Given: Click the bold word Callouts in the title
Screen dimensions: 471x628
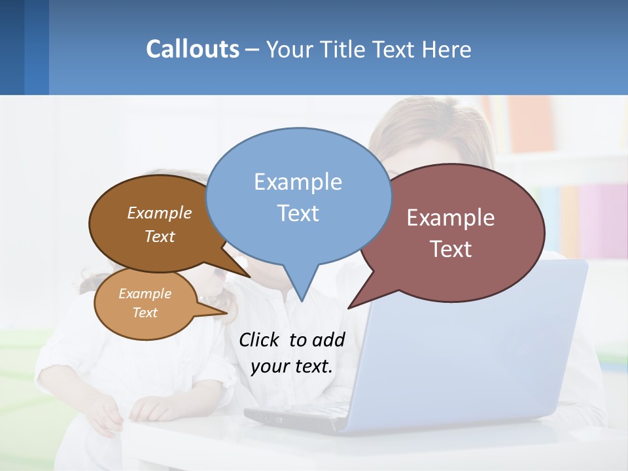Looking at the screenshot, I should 192,49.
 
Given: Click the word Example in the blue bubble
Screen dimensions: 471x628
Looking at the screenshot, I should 298,182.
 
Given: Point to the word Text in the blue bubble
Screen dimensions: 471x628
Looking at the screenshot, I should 298,213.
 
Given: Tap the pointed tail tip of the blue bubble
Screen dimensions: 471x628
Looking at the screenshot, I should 302,301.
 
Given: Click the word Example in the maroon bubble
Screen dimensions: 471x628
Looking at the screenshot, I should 451,218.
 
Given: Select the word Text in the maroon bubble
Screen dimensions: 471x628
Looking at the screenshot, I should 451,249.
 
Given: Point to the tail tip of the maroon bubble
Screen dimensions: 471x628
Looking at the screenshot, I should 349,308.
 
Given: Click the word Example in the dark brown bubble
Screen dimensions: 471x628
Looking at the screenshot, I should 160,213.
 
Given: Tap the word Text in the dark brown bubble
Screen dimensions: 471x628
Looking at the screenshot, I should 160,236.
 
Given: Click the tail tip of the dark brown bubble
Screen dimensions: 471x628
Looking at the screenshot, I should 250,277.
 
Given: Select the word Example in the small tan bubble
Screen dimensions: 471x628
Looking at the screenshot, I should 145,294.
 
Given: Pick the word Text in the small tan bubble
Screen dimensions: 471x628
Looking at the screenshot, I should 145,313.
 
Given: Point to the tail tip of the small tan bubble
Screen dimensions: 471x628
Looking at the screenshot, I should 228,313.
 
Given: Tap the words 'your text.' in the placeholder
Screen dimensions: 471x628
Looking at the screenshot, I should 292,366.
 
